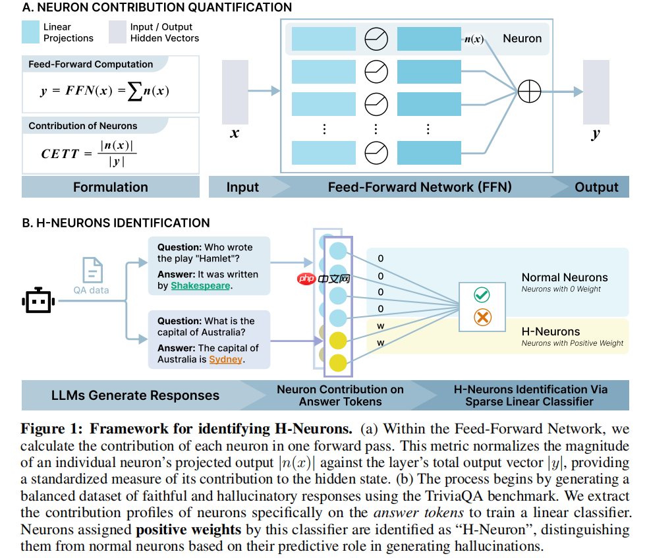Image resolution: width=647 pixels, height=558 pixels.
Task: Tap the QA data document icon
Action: [x=92, y=271]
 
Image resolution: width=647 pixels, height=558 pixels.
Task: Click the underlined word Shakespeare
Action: [x=200, y=286]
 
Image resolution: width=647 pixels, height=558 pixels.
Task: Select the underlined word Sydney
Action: [x=226, y=360]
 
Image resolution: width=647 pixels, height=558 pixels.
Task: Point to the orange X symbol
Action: [x=482, y=318]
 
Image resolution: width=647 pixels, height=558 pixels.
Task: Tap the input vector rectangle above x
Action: [x=235, y=92]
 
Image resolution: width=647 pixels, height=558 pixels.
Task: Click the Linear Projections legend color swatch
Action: [x=30, y=32]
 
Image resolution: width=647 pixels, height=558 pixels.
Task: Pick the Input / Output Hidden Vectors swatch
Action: [x=117, y=32]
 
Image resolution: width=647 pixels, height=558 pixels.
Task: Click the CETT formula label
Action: [x=60, y=153]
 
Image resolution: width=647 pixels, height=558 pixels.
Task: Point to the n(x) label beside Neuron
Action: [x=474, y=39]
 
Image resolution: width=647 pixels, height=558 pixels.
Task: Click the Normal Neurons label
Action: [x=564, y=277]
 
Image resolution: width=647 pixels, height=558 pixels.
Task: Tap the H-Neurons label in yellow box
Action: [x=550, y=331]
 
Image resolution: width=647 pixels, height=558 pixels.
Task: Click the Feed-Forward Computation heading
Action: [x=90, y=65]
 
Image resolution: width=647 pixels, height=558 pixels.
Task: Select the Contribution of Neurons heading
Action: [x=83, y=126]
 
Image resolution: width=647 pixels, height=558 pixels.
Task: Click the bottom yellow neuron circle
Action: [x=337, y=362]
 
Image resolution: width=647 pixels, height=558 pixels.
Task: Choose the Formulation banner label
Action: [x=110, y=187]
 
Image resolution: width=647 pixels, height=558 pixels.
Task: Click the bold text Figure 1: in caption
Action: [x=52, y=430]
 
